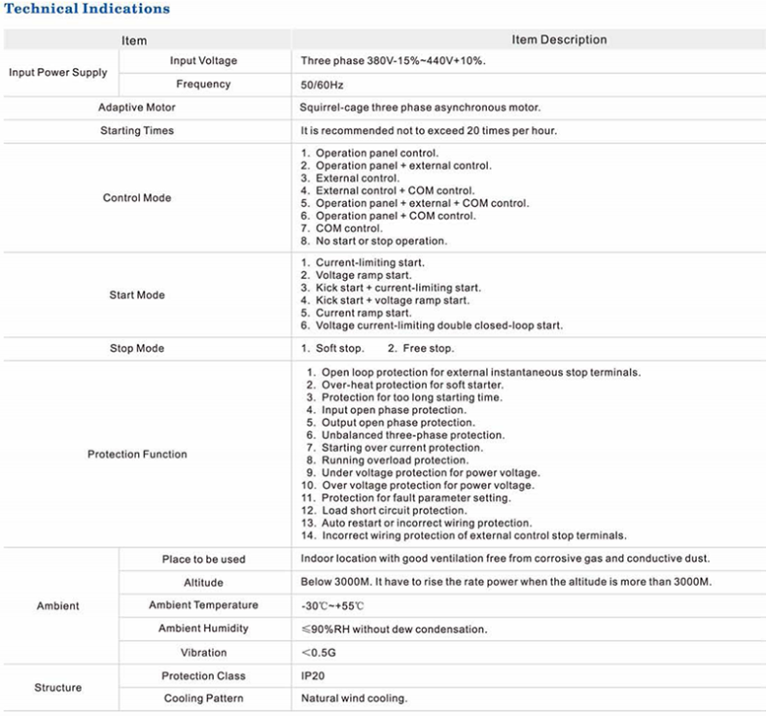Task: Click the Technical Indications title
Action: (88, 10)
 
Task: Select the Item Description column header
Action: (559, 40)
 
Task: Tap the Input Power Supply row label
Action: (57, 73)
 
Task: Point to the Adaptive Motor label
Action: (137, 108)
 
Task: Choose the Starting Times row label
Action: (137, 131)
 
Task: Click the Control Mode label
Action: (137, 198)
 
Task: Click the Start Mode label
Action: (137, 295)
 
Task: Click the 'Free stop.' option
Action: (428, 349)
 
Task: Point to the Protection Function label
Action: (137, 455)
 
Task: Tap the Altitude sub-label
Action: (204, 583)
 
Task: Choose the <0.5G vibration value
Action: (320, 653)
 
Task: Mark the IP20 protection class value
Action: (313, 676)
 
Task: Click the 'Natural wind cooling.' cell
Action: (354, 699)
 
